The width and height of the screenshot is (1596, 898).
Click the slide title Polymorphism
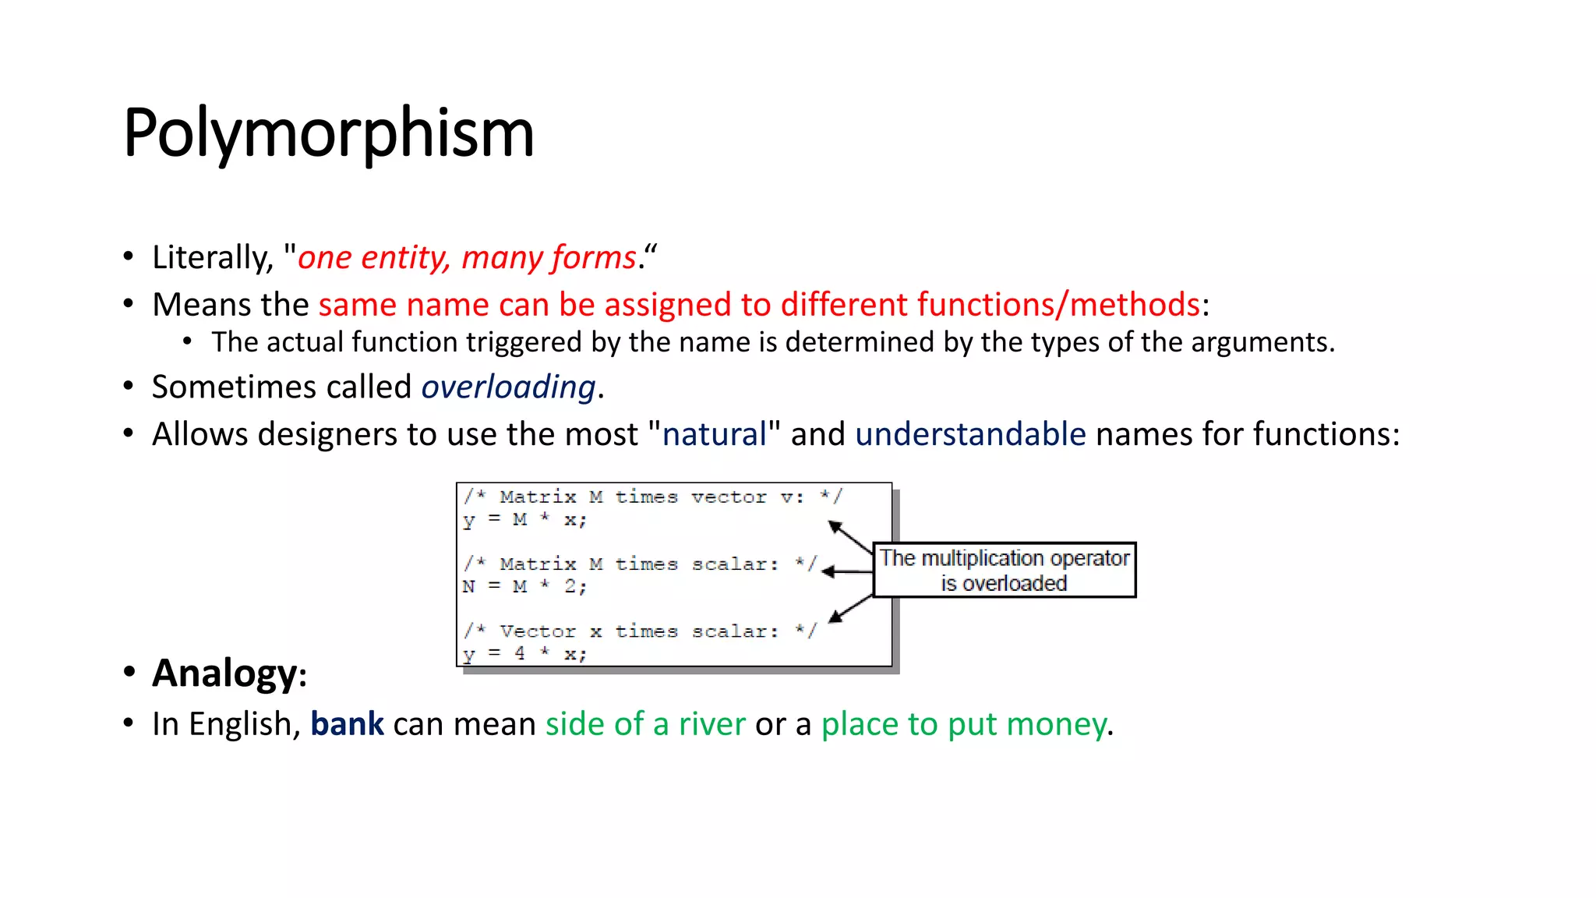pos(328,133)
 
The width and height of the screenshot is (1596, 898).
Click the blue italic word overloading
pos(508,387)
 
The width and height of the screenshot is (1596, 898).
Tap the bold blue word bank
pos(347,724)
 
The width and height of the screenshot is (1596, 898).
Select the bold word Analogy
pos(224,673)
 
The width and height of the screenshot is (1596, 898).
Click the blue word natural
pos(714,434)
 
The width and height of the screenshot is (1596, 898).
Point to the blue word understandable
pos(970,434)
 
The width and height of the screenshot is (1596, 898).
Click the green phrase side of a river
pos(645,724)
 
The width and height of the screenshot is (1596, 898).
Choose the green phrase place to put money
pos(963,724)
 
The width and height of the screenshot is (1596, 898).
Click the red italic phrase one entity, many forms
pos(467,257)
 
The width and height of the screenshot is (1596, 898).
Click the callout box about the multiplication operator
pos(1004,570)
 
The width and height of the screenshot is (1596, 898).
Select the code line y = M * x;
pos(524,520)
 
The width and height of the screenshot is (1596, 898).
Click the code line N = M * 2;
pos(524,586)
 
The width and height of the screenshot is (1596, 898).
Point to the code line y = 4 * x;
pos(524,653)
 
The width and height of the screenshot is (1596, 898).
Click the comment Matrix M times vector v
pos(653,497)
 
